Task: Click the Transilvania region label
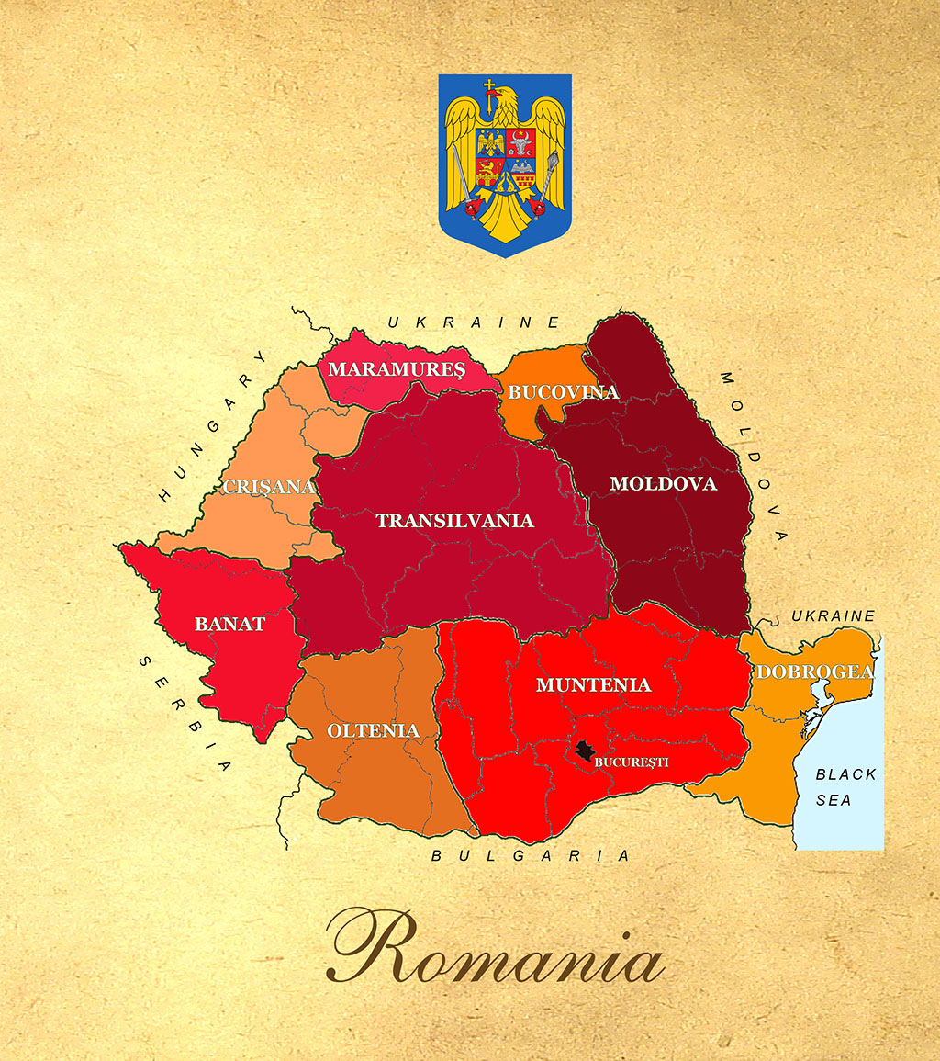point(454,521)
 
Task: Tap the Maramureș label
point(397,369)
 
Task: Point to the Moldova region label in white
point(663,483)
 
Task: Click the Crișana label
point(268,487)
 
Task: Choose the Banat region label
point(229,625)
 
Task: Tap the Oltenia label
point(373,731)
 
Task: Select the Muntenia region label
point(593,684)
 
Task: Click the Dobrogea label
point(814,672)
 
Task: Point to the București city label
point(632,762)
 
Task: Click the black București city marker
point(583,751)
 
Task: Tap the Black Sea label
point(845,787)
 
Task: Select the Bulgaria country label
point(531,856)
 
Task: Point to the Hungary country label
point(211,427)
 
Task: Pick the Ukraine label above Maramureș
point(473,322)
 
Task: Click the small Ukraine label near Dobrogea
point(834,615)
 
